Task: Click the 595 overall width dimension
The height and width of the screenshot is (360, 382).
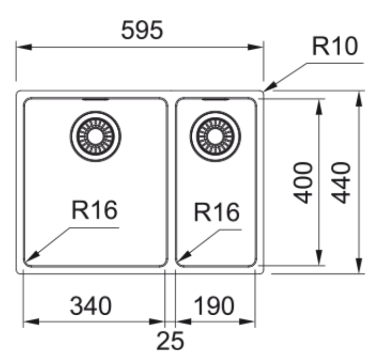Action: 141,31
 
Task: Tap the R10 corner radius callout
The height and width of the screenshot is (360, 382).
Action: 335,47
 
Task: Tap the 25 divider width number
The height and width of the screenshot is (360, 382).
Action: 170,341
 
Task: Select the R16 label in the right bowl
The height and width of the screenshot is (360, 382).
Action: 216,212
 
